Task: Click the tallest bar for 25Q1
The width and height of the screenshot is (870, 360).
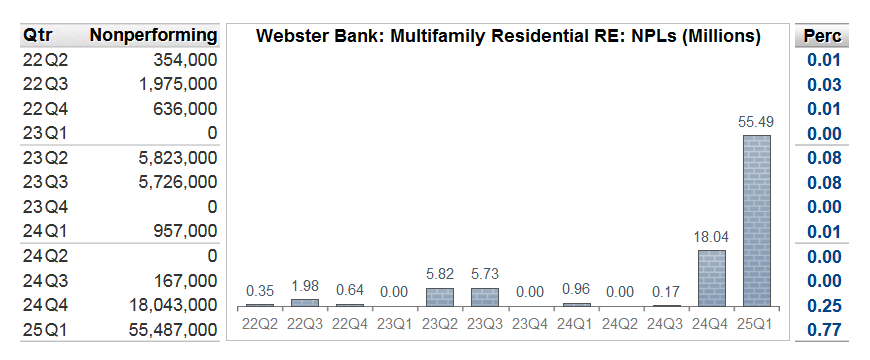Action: (x=756, y=220)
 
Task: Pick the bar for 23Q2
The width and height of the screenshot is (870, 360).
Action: (x=440, y=297)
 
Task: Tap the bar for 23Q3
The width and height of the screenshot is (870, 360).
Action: (x=485, y=297)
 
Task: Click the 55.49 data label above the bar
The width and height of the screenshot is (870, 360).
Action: (x=756, y=122)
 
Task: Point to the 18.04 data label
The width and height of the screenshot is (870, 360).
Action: (x=710, y=238)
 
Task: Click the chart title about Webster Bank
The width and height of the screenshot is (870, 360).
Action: (x=509, y=37)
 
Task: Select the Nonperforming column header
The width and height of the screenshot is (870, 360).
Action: (x=153, y=36)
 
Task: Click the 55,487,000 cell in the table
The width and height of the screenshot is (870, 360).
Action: (x=173, y=329)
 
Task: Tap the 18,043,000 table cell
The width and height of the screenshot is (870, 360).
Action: (x=173, y=305)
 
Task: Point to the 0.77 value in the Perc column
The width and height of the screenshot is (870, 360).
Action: (x=824, y=329)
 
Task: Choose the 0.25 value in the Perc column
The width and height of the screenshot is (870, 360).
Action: (x=824, y=305)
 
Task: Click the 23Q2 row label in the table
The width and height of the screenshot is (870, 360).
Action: (x=43, y=157)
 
